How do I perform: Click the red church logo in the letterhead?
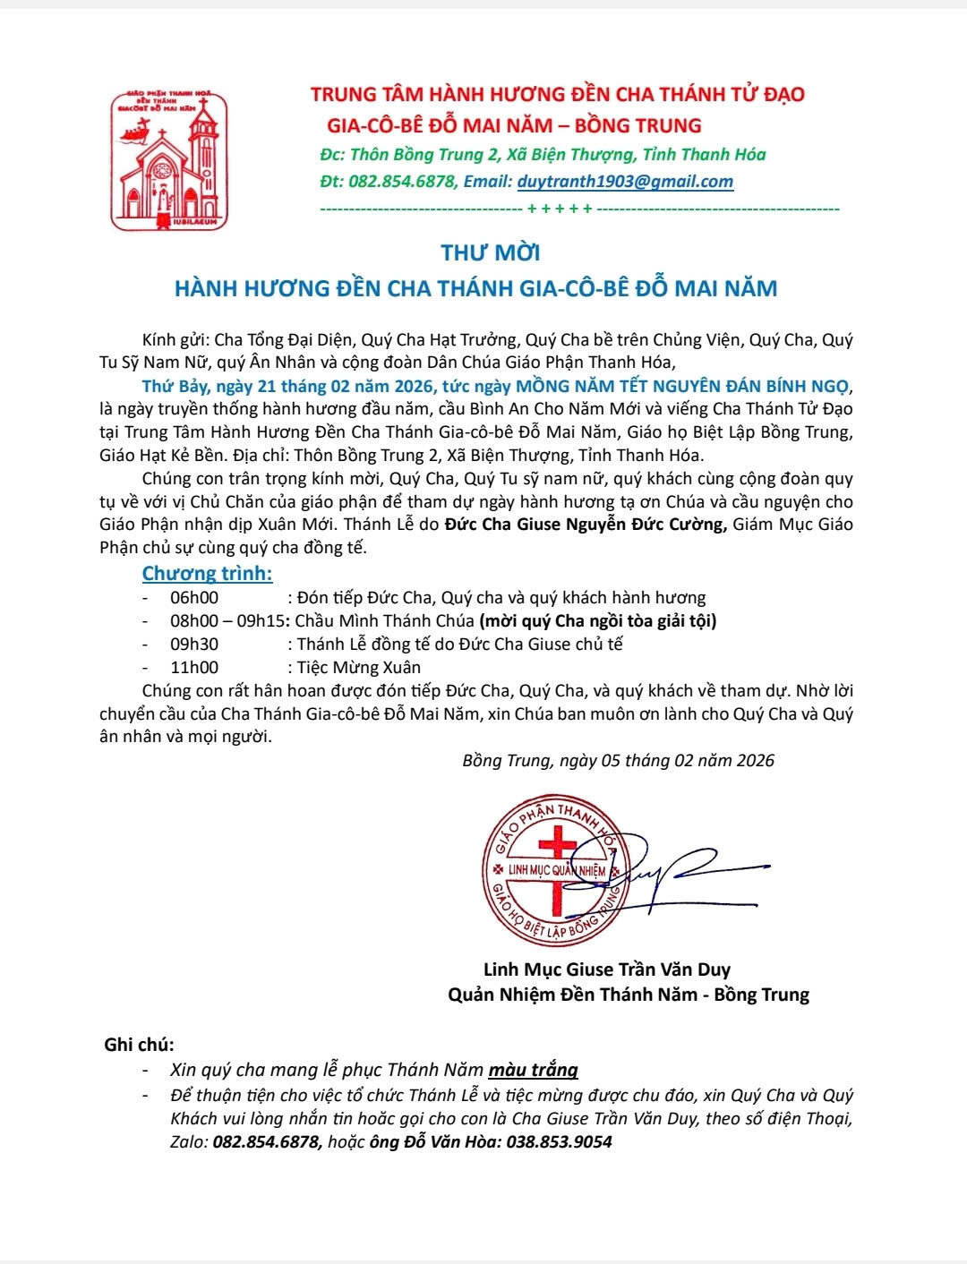(168, 161)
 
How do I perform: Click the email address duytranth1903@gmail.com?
(625, 182)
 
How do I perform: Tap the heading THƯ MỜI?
(491, 252)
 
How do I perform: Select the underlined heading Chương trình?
(207, 573)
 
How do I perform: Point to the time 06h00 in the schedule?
(194, 597)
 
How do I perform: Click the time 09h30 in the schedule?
(194, 644)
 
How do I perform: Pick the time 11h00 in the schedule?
(194, 667)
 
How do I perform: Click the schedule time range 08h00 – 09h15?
(227, 620)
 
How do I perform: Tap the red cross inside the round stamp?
(557, 864)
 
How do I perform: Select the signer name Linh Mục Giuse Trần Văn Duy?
(606, 969)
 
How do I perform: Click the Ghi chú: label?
(139, 1045)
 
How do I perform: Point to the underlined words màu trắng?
(533, 1070)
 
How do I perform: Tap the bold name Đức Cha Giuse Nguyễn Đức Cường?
(586, 525)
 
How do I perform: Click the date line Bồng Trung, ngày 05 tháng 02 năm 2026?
(618, 761)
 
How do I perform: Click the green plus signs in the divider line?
(560, 209)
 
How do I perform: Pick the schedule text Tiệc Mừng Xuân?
(358, 667)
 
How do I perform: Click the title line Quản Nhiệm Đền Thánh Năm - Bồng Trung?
(628, 995)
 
